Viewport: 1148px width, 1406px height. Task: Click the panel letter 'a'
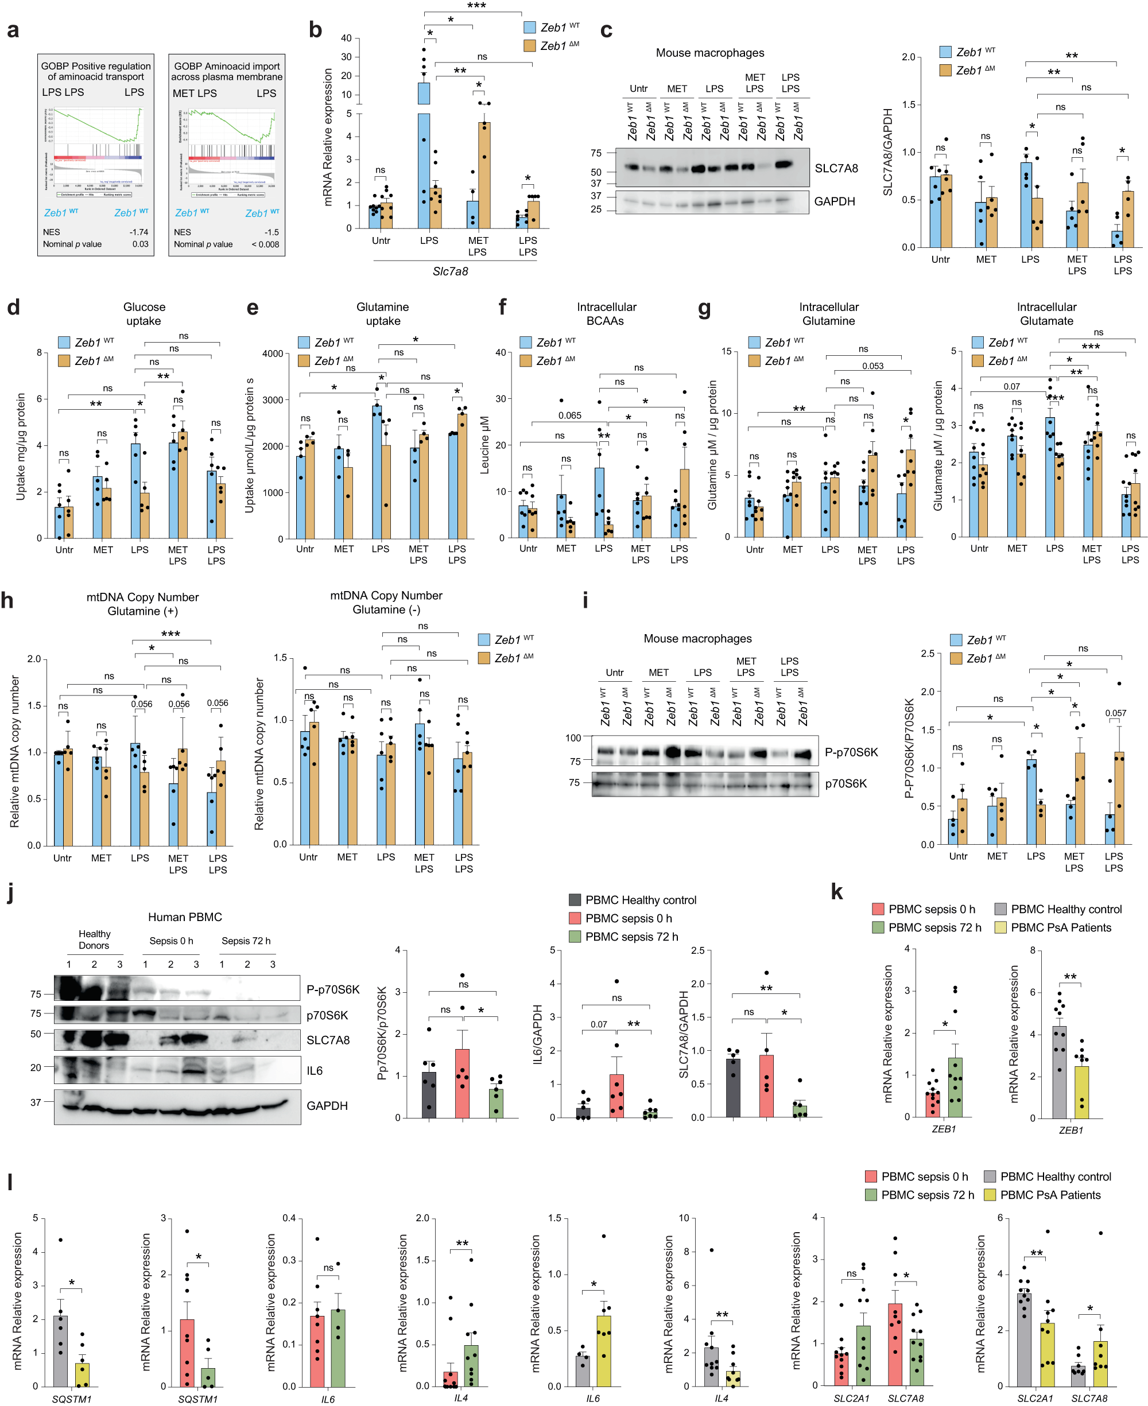point(13,30)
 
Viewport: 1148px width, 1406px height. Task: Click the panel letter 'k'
point(836,892)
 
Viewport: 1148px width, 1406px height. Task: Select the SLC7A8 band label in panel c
point(836,169)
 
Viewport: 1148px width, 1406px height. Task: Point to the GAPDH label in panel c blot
point(834,201)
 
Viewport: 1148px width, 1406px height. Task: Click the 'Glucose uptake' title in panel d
point(143,314)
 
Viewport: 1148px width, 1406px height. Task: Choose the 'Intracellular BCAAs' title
point(606,314)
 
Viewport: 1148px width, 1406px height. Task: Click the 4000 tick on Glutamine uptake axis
point(273,354)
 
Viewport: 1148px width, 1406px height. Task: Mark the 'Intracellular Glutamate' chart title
point(1046,314)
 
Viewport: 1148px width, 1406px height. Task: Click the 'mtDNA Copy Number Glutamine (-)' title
point(386,602)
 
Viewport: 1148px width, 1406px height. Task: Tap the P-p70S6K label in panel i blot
point(851,752)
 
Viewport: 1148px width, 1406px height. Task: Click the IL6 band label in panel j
point(314,1070)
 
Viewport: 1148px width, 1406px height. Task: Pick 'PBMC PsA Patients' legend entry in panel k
point(1060,927)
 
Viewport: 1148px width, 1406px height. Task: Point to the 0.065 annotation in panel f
point(569,415)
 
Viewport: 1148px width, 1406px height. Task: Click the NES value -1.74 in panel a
point(139,232)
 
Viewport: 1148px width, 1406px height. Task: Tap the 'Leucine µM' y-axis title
point(484,444)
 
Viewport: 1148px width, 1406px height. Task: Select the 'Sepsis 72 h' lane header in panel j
point(246,941)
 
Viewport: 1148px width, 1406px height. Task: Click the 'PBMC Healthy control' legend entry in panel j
point(640,900)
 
